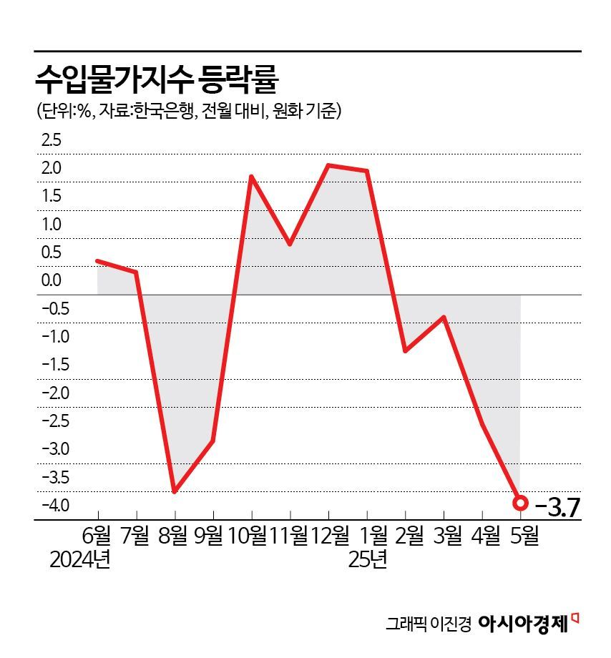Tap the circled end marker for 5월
pos(521,503)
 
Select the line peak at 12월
pos(328,165)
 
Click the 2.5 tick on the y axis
pos(52,140)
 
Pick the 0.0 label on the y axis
pos(52,280)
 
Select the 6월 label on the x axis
pos(97,536)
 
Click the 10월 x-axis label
pos(251,536)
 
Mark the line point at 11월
pos(290,244)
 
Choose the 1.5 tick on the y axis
pos(52,196)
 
